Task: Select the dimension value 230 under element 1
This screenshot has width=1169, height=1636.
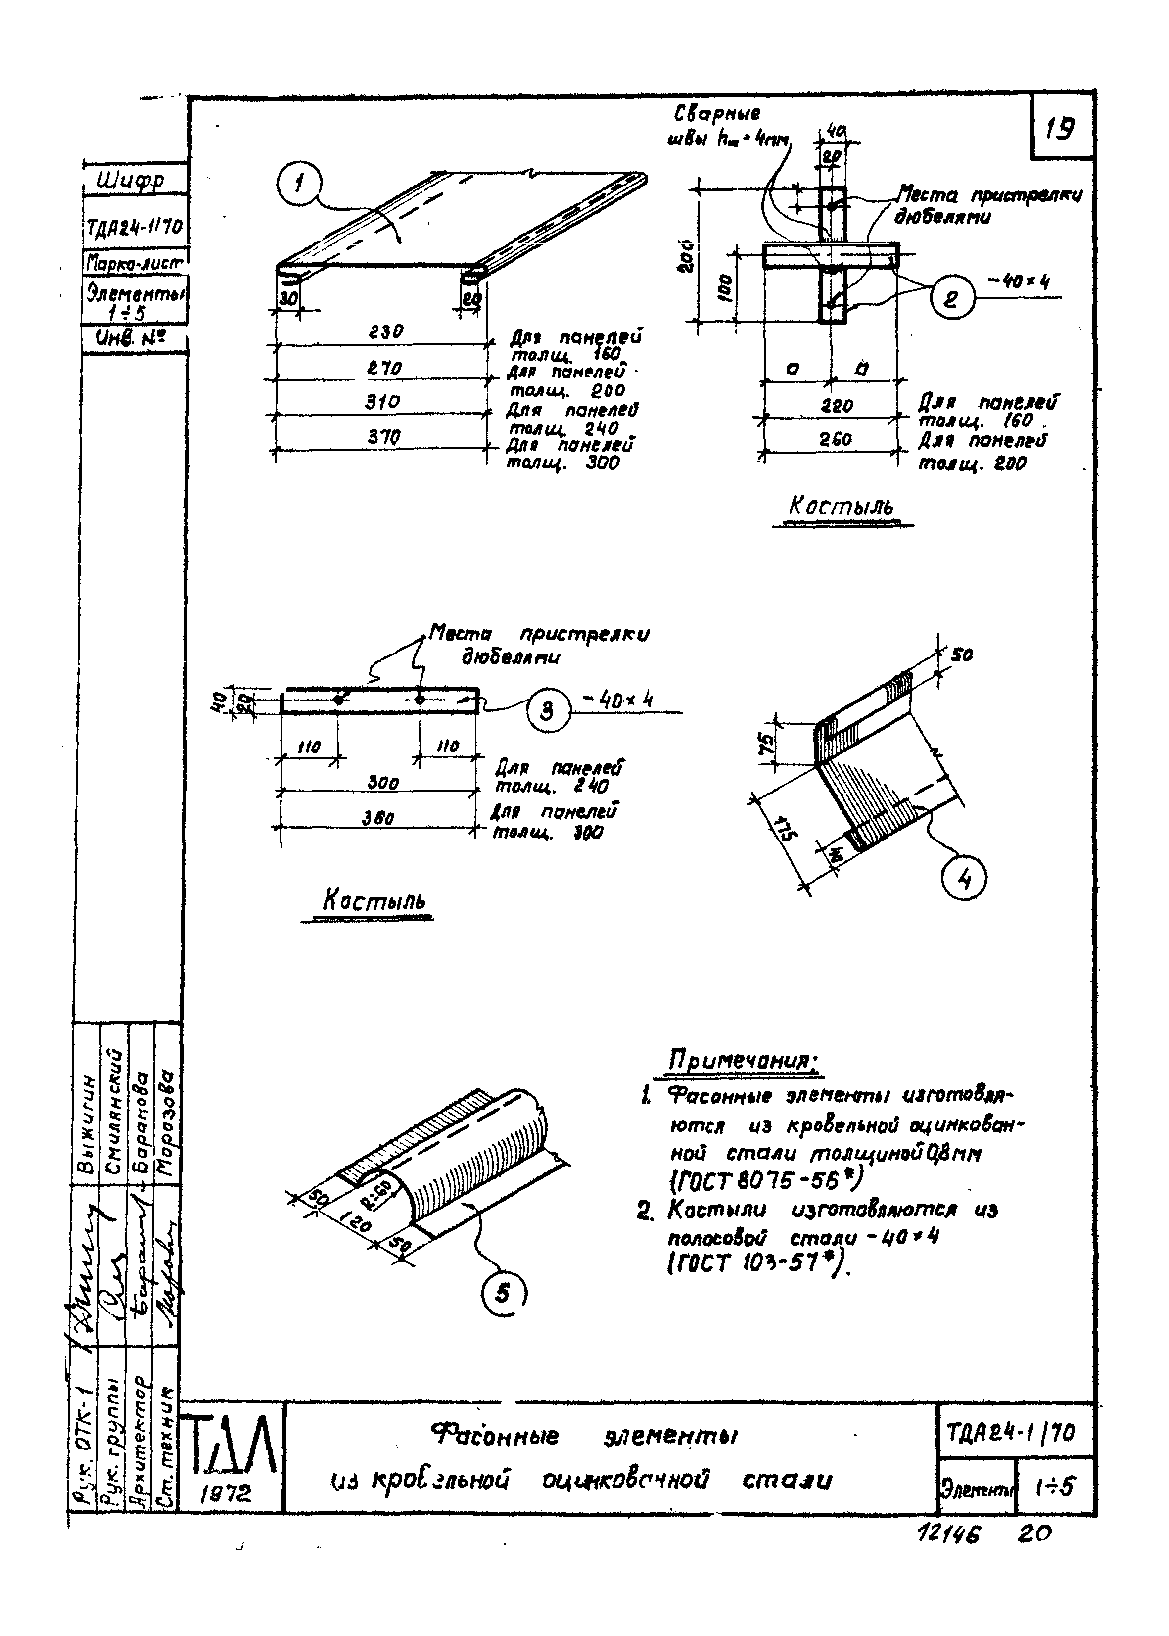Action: coord(386,332)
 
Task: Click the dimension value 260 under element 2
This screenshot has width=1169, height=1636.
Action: coord(835,439)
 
